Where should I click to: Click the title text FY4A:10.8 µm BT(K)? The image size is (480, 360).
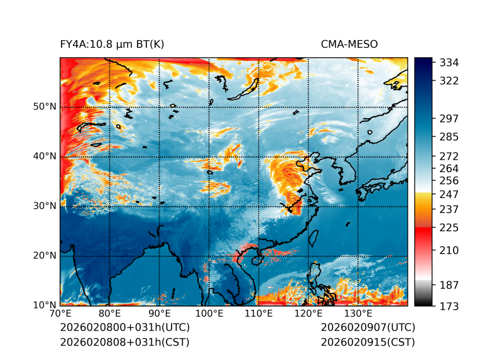[x=112, y=44]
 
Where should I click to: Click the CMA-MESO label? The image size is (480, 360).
[x=349, y=44]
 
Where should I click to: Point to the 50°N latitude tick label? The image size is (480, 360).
[x=45, y=107]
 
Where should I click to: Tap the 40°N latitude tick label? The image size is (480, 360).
[x=45, y=156]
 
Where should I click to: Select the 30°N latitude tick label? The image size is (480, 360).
[x=45, y=206]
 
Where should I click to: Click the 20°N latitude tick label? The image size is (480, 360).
[x=45, y=256]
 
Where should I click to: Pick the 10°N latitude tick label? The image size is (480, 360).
[x=45, y=305]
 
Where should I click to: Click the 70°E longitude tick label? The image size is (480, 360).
[x=60, y=314]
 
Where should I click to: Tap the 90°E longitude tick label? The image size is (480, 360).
[x=160, y=314]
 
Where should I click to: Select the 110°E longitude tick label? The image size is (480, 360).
[x=259, y=314]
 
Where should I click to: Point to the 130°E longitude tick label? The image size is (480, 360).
[x=358, y=314]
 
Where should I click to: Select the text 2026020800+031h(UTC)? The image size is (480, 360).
[x=124, y=328]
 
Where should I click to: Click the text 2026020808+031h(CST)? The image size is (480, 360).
[x=124, y=342]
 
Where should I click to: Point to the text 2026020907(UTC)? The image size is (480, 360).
[x=368, y=328]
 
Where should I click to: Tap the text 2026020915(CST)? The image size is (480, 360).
[x=368, y=342]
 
